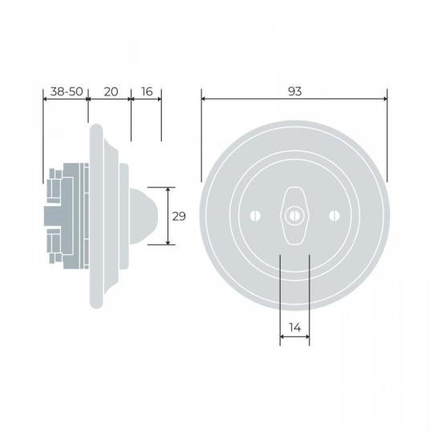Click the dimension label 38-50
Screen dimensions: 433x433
tap(67, 91)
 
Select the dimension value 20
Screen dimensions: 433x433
tap(111, 91)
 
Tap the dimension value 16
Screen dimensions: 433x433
tap(147, 91)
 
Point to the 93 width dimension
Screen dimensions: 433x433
tap(294, 91)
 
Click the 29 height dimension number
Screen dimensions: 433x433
tap(179, 216)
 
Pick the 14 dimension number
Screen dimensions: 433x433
tap(295, 328)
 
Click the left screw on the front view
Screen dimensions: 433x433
tap(256, 216)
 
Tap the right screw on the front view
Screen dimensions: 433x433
tap(334, 216)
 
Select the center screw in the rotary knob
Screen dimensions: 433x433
tap(294, 216)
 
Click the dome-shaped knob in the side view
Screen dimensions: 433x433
tap(143, 216)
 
